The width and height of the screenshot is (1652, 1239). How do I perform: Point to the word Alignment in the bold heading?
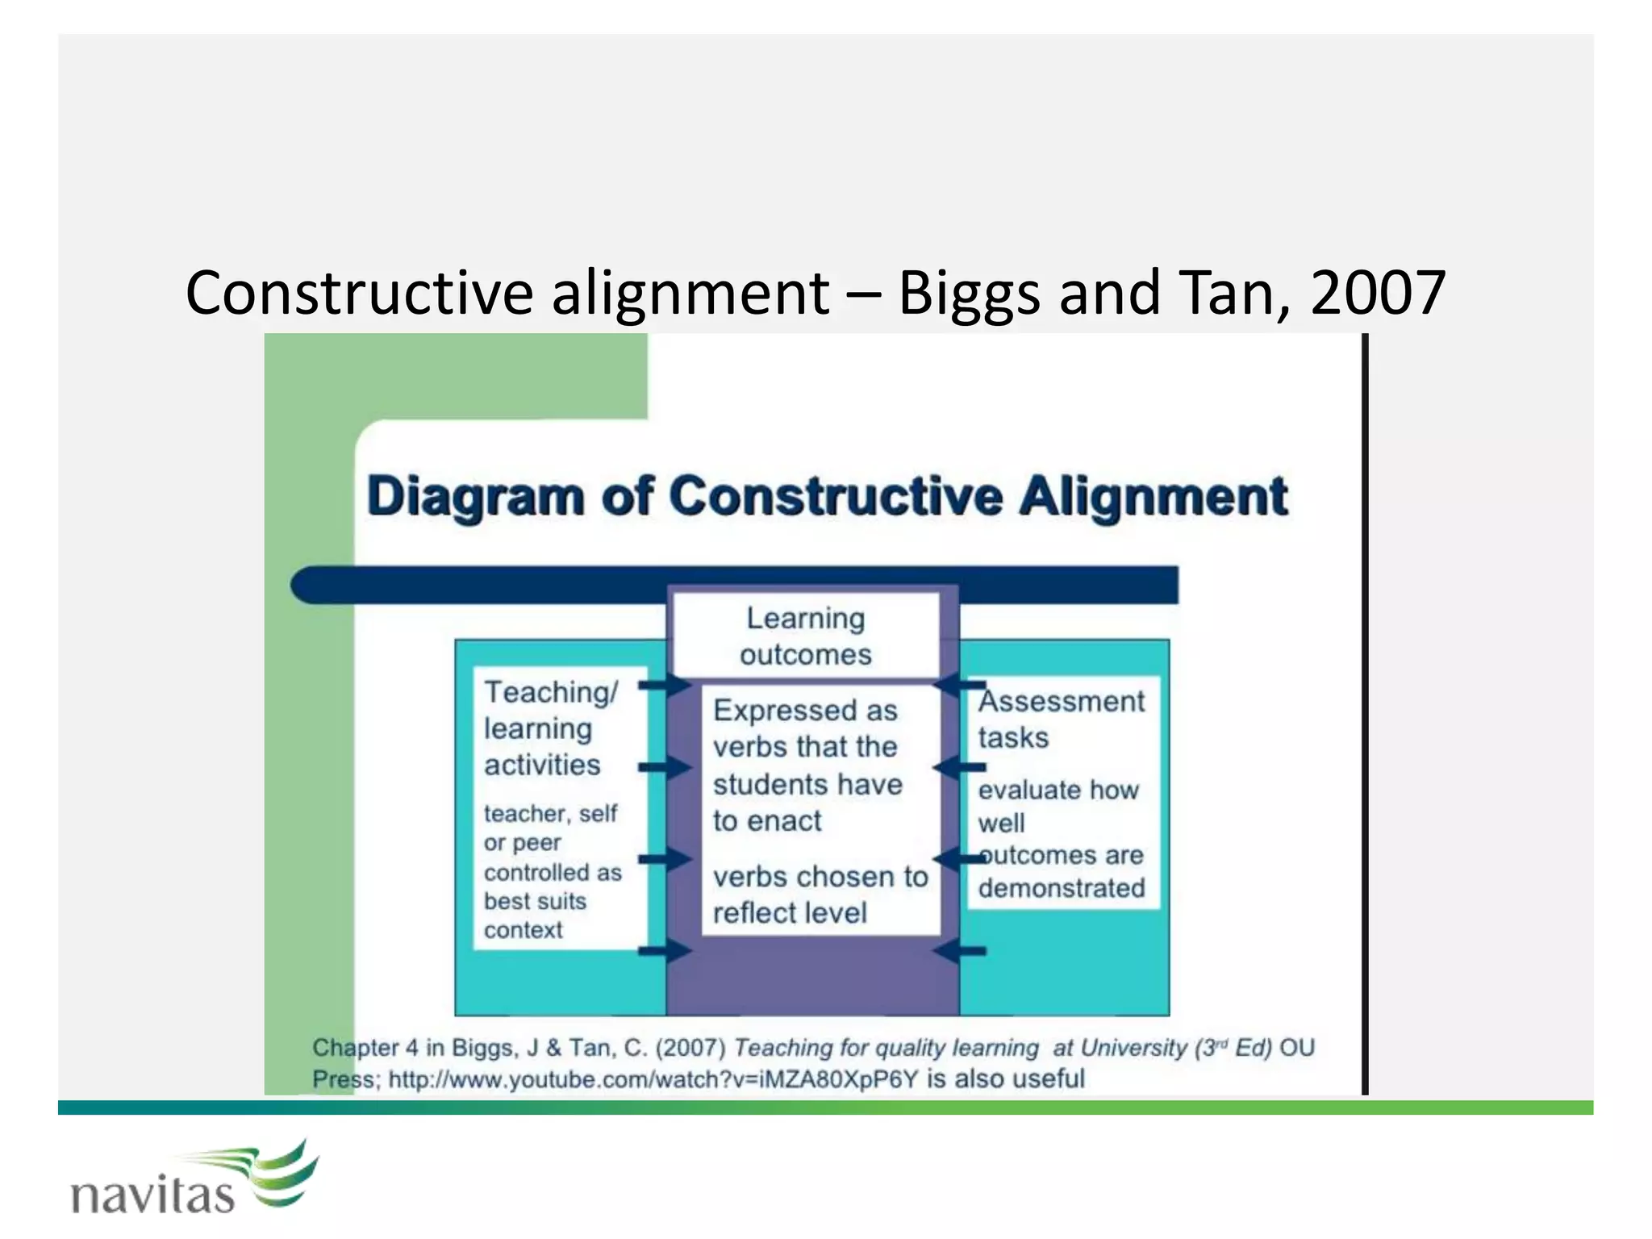click(x=1153, y=496)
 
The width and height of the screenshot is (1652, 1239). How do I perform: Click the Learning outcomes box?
click(x=806, y=636)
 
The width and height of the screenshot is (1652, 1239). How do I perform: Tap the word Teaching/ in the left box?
click(x=551, y=692)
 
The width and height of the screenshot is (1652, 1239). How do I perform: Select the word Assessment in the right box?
click(x=1062, y=702)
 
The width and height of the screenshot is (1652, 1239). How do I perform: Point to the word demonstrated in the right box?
click(x=1062, y=888)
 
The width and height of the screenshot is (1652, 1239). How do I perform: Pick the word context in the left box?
click(x=523, y=930)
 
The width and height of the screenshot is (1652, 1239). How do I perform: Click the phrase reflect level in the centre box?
click(x=790, y=913)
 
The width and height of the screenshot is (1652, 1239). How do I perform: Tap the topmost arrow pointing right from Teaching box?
click(x=665, y=686)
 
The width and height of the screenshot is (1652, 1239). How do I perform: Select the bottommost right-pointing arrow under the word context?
click(x=665, y=952)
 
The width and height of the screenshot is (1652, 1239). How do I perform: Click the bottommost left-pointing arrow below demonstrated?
click(x=960, y=952)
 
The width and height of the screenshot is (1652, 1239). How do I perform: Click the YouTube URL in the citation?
click(x=653, y=1079)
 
